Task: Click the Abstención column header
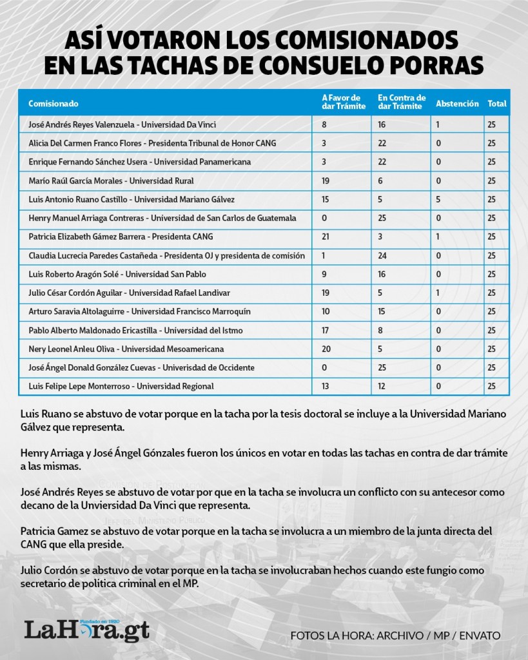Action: (457, 103)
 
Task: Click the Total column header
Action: (496, 103)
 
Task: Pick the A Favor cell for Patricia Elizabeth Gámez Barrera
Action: (326, 237)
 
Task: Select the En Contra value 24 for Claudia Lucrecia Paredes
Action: (382, 256)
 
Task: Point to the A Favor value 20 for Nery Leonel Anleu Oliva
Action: (326, 349)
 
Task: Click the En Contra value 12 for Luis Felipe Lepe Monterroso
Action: (382, 387)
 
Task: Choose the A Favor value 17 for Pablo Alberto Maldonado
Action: (326, 331)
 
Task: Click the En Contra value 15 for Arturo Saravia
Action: (382, 312)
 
